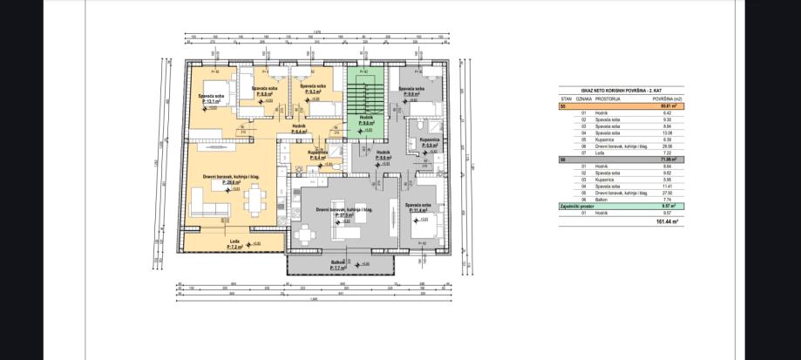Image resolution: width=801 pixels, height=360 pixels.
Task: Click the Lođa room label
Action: coord(234,241)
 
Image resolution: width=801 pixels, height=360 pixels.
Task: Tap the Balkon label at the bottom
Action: coord(338,262)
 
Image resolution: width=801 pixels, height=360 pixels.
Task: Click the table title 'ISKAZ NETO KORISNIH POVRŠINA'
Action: coord(621,90)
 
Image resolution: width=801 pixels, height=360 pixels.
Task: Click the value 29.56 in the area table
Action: coord(670,146)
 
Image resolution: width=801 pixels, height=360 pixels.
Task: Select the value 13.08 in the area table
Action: coord(670,132)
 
